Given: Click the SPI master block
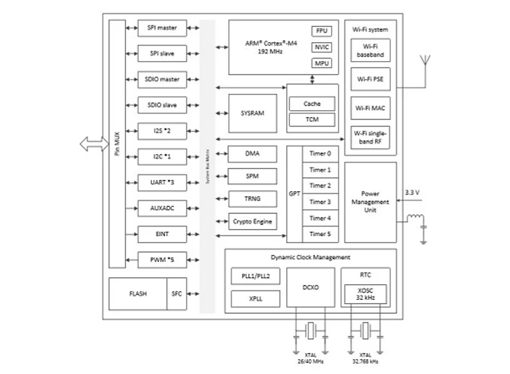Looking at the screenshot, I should (161, 28).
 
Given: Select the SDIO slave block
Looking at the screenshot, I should (161, 105).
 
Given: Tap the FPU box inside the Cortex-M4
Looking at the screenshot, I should (321, 31).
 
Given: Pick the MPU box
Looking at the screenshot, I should (321, 63).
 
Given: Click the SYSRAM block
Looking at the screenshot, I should (253, 112).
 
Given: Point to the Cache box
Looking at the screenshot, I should (312, 104).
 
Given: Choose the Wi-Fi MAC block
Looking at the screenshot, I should (369, 107).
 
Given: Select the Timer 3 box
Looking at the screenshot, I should (320, 202).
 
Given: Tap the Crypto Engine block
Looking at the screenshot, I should (253, 222).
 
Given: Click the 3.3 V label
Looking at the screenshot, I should (412, 192).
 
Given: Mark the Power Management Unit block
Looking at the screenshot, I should (370, 202).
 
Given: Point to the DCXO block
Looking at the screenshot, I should (310, 287).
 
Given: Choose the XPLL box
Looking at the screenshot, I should (255, 299).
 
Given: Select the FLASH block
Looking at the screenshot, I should (137, 294).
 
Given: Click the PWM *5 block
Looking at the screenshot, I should (161, 260).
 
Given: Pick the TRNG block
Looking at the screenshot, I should (253, 199).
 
